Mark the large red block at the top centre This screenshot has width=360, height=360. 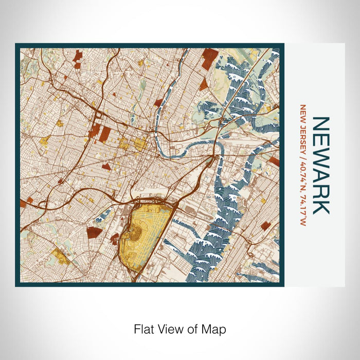click(x=210, y=58)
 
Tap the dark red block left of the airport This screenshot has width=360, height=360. click(x=94, y=232)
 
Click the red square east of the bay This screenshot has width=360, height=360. click(x=265, y=225)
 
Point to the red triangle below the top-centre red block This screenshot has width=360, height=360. click(x=204, y=84)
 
